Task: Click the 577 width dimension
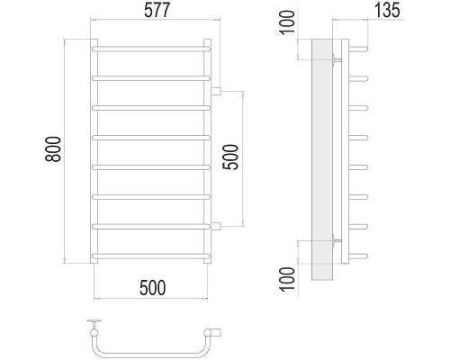click(x=157, y=10)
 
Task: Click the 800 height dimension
click(x=53, y=149)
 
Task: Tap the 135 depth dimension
click(x=387, y=10)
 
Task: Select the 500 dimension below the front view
click(x=152, y=288)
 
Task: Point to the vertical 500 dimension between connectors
click(x=230, y=157)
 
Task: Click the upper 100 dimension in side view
click(x=287, y=22)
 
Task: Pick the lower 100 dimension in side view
click(x=287, y=279)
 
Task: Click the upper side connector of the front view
click(x=216, y=91)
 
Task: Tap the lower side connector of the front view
click(x=216, y=226)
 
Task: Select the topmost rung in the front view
click(x=151, y=49)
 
